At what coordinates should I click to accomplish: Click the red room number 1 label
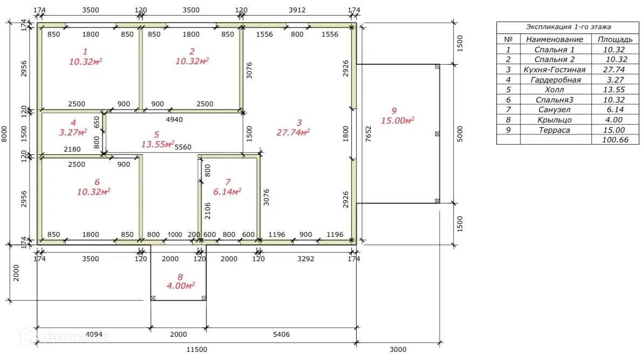85,51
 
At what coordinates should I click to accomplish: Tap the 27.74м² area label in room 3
293,132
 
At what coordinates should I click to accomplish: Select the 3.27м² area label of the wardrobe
73,132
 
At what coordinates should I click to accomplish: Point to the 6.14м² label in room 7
227,191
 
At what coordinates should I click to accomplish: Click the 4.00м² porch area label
181,286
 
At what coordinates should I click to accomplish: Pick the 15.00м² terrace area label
398,120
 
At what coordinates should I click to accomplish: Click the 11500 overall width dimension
197,349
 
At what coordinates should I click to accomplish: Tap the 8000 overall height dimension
4,134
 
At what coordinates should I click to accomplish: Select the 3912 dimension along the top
297,10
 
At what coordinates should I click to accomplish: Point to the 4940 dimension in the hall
174,119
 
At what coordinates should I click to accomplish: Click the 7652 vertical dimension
368,134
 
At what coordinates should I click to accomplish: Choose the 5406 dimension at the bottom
282,334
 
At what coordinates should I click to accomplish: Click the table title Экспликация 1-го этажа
569,26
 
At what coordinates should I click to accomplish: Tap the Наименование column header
555,39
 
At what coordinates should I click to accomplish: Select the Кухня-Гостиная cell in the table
555,70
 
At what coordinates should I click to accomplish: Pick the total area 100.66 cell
615,140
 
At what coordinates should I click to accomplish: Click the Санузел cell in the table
555,110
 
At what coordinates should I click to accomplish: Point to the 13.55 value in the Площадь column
614,90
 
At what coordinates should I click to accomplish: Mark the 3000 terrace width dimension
398,349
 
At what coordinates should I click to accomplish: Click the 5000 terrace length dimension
460,134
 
